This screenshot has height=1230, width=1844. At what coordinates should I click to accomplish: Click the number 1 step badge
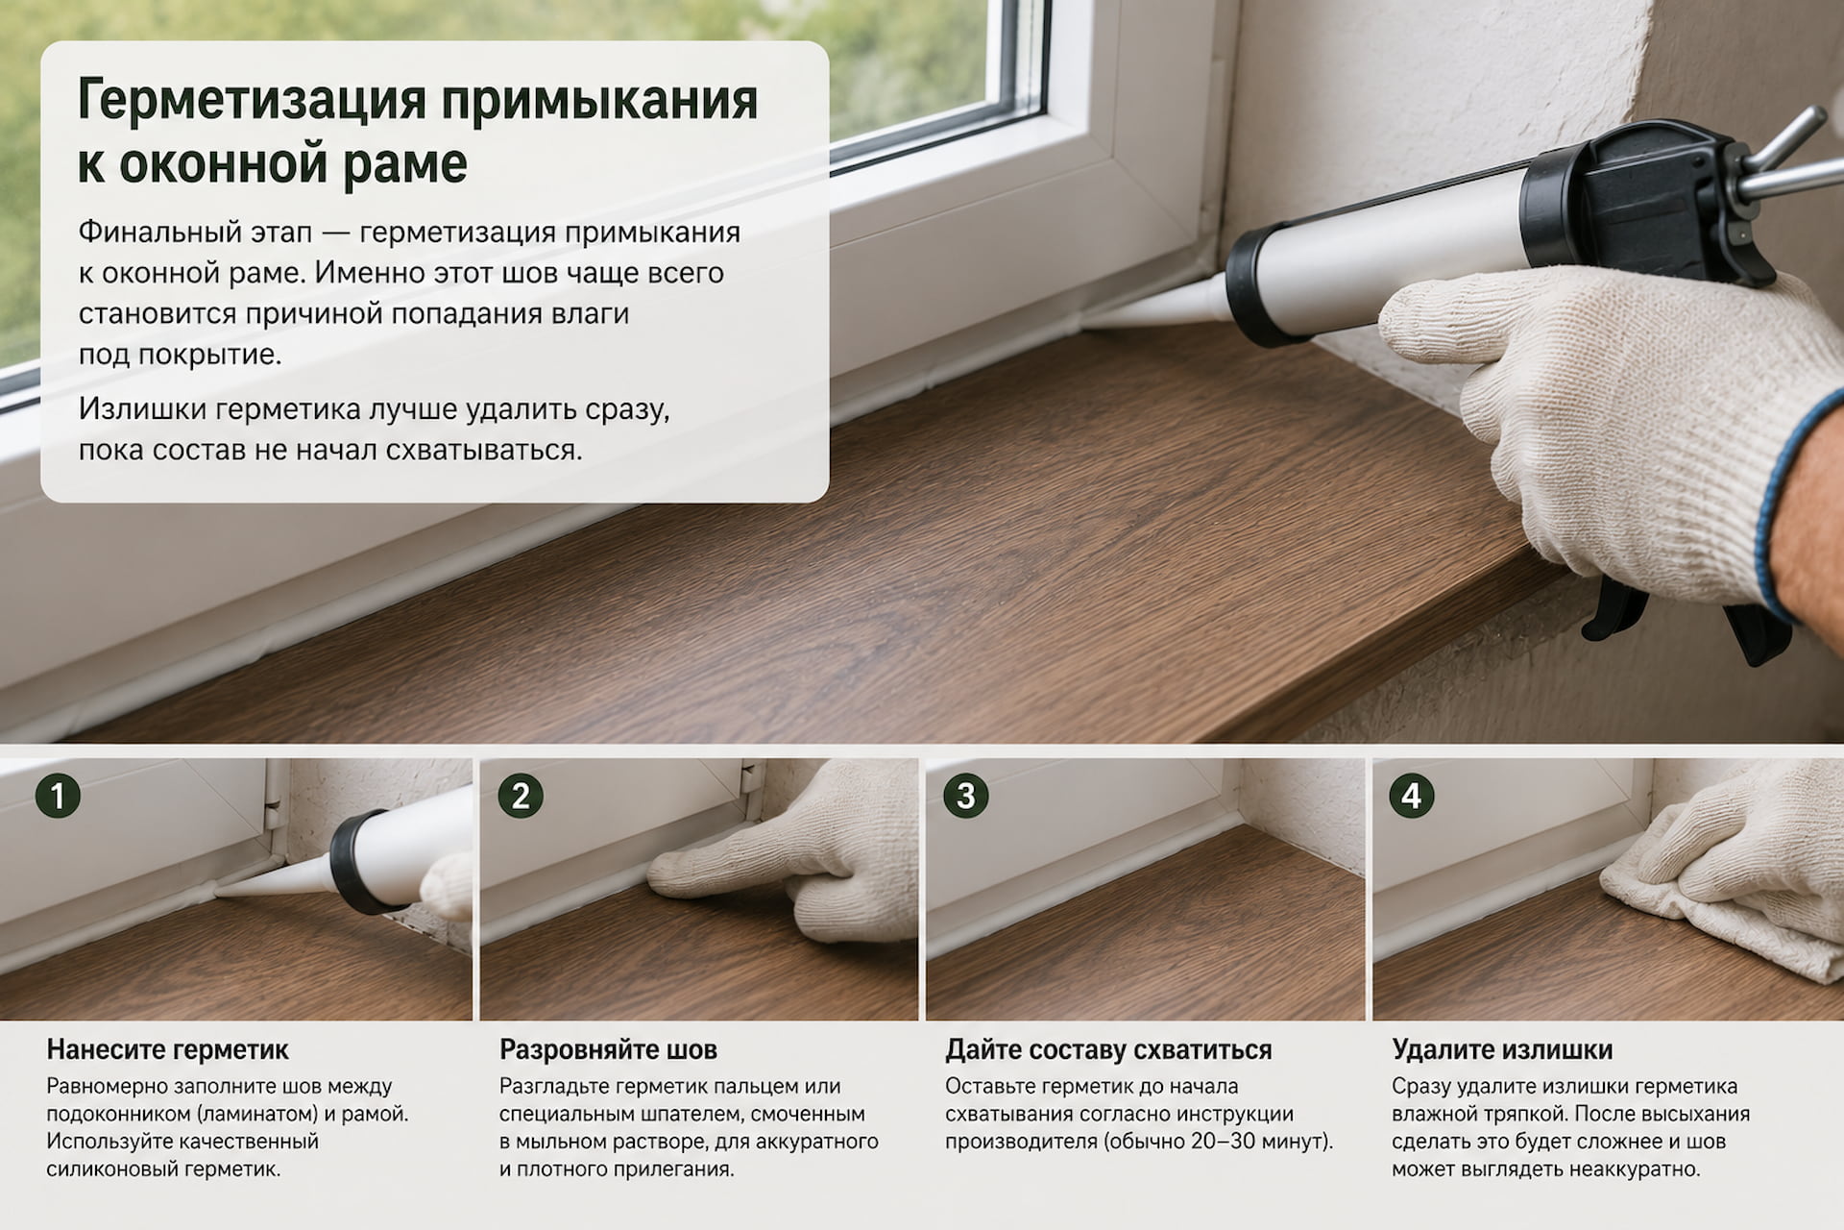pos(58,797)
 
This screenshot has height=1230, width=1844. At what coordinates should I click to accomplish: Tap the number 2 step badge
pos(522,797)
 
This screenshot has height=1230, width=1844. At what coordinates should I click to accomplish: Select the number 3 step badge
pos(966,797)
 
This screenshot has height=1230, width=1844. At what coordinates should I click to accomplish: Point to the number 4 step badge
pos(1411,797)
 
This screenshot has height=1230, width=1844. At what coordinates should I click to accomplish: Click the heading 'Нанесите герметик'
pos(168,1049)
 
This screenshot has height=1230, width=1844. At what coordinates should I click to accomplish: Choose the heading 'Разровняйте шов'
pos(608,1049)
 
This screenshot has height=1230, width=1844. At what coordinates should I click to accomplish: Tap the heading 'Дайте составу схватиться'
pos(1108,1049)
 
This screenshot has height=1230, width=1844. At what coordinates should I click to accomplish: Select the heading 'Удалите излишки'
pos(1502,1049)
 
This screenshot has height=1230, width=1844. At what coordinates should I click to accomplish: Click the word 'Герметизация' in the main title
pos(253,101)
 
